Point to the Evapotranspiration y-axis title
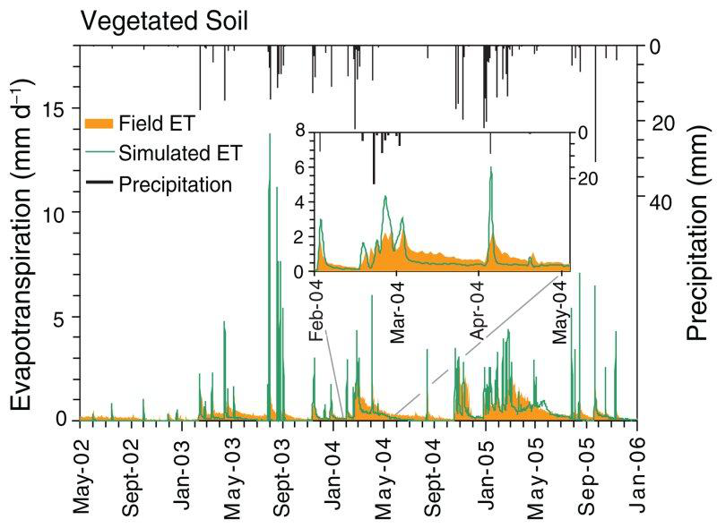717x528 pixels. [x=24, y=243]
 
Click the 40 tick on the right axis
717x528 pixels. [x=661, y=203]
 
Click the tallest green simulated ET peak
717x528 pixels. [x=270, y=184]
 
